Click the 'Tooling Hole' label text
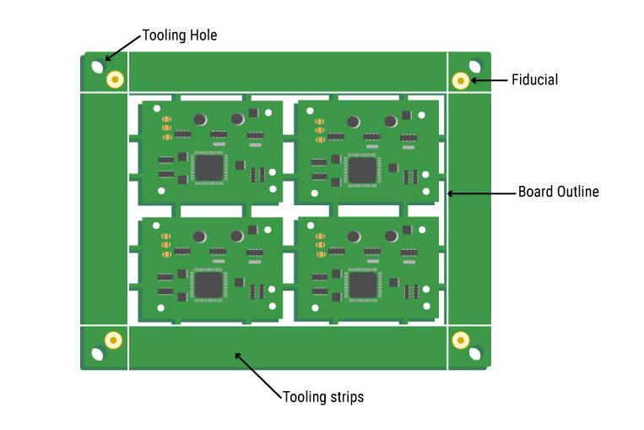click(x=179, y=35)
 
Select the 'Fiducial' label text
click(x=534, y=80)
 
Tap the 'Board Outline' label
click(x=558, y=192)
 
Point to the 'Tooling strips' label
click(x=323, y=396)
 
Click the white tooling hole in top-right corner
click(x=475, y=66)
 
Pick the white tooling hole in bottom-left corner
click(x=98, y=354)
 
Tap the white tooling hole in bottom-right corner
click(x=475, y=354)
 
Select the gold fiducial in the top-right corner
click(x=460, y=80)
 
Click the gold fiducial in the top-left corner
click(x=115, y=80)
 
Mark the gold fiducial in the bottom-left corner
click(x=113, y=340)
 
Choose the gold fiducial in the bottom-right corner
click(x=460, y=340)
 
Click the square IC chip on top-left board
click(x=208, y=166)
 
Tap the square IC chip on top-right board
click(x=362, y=169)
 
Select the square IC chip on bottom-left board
click(x=208, y=284)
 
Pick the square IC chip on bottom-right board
click(x=363, y=284)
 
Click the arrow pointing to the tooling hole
click(x=122, y=47)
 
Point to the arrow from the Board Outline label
click(x=480, y=193)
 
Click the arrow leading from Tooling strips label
click(x=257, y=375)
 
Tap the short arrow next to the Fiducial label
click(x=488, y=81)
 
